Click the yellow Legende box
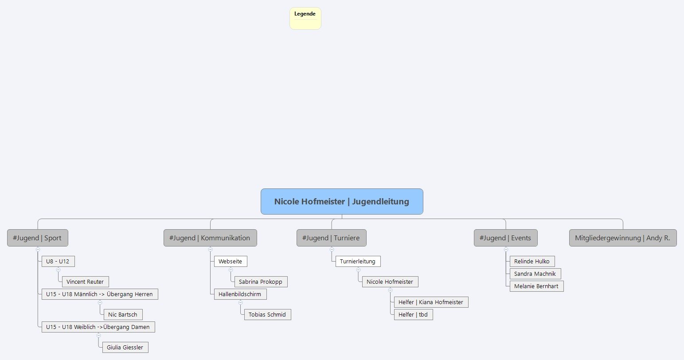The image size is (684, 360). (x=305, y=18)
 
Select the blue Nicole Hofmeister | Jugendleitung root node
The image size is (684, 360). (x=342, y=202)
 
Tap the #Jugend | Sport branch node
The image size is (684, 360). (x=37, y=238)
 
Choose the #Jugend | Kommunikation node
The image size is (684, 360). (x=210, y=238)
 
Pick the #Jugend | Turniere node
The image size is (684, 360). (x=331, y=238)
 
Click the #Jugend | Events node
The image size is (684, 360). (x=505, y=238)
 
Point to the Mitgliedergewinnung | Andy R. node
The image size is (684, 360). (x=622, y=238)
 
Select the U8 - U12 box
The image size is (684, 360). (x=58, y=262)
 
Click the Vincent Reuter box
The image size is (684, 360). (x=85, y=282)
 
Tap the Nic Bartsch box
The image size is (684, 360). (x=123, y=315)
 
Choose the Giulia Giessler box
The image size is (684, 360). (x=125, y=348)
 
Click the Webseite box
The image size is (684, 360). (x=230, y=262)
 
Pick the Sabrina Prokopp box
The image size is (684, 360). (x=261, y=282)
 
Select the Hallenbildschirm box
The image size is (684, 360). (x=240, y=294)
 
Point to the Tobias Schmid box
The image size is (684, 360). (x=267, y=315)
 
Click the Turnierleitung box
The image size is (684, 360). (x=358, y=262)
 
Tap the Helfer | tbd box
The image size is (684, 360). (x=413, y=315)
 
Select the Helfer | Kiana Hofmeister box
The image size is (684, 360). (x=431, y=302)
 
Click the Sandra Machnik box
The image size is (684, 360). (x=535, y=274)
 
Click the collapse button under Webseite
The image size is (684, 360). (x=231, y=270)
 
